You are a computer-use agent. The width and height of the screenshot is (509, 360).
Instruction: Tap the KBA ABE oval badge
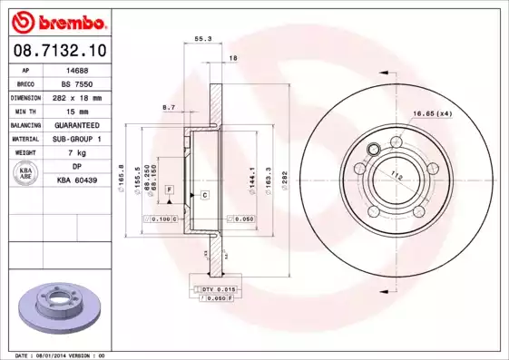pyautogui.click(x=26, y=174)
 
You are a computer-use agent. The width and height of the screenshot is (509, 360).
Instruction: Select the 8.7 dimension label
pyautogui.click(x=168, y=107)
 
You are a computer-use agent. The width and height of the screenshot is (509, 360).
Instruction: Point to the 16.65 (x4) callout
pyautogui.click(x=433, y=113)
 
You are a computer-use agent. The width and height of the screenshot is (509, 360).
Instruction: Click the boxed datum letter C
pyautogui.click(x=205, y=195)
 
